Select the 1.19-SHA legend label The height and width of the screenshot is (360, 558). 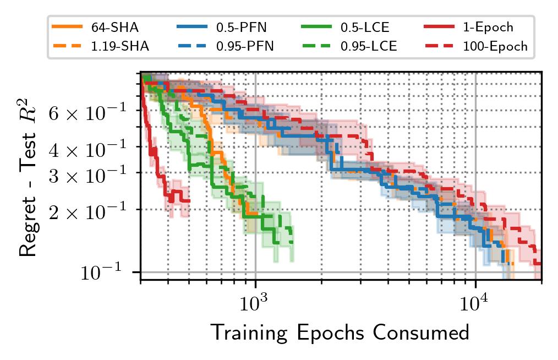(x=119, y=46)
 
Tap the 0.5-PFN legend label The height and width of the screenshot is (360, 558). (x=238, y=28)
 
